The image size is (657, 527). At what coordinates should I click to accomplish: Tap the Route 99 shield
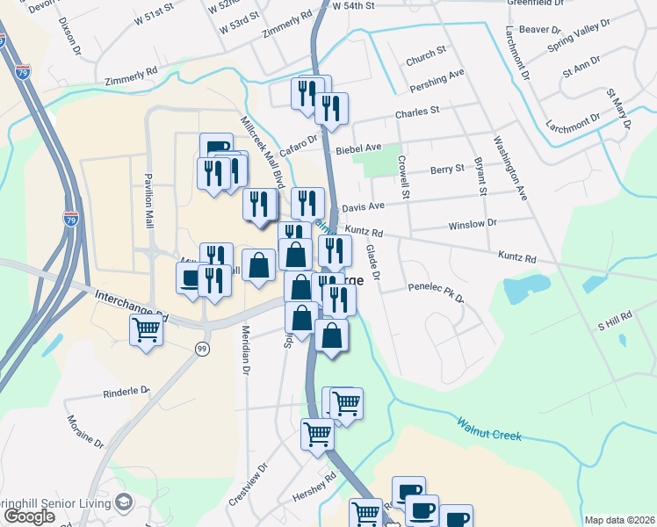coord(203,349)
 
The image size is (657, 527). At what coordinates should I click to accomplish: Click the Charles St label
coord(417,112)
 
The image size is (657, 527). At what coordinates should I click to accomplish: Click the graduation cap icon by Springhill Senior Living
coord(122,502)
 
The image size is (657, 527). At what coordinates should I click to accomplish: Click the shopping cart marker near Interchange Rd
coord(146,331)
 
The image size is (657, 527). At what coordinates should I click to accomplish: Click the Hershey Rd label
coord(319,488)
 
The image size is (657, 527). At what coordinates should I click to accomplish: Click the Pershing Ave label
coord(437,82)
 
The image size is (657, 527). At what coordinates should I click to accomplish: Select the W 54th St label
coord(354,5)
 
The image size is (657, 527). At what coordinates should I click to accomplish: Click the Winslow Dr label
coord(473,224)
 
